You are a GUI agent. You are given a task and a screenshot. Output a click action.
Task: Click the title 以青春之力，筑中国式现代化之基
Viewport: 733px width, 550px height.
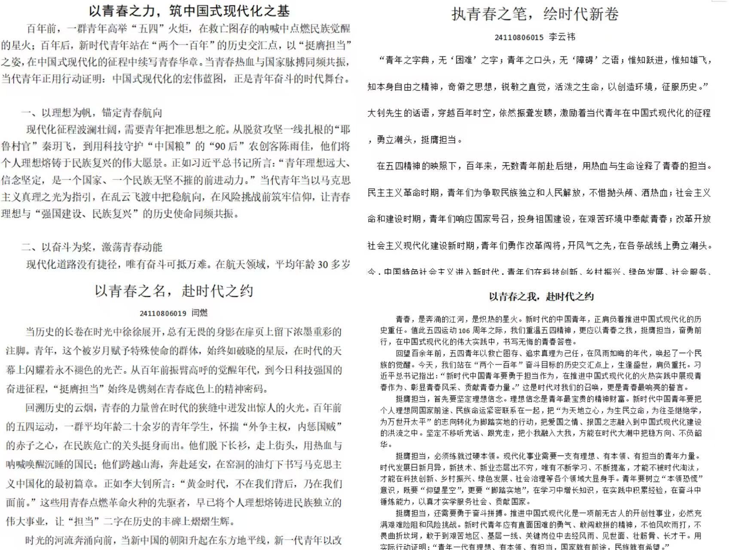(189, 11)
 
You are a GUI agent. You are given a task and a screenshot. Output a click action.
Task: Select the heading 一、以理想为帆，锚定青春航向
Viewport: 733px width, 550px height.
(92, 113)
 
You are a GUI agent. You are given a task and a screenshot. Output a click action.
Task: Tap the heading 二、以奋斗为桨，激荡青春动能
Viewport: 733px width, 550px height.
(92, 247)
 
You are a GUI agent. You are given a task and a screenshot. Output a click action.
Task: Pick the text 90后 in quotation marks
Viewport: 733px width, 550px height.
(226, 146)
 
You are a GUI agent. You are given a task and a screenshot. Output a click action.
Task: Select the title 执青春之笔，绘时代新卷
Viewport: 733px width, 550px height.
(535, 14)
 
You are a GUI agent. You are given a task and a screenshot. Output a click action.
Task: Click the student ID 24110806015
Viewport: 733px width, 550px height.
(519, 37)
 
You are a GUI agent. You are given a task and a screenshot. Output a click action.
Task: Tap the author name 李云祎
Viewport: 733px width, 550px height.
(562, 37)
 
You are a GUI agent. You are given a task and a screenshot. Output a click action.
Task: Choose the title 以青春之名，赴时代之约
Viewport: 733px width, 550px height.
(174, 291)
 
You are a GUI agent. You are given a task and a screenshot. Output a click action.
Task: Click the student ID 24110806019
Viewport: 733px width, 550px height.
(163, 313)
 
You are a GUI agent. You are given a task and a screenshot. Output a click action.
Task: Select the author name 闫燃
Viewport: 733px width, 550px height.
(199, 313)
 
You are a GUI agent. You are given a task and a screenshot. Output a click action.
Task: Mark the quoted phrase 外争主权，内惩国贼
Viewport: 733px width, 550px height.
(292, 427)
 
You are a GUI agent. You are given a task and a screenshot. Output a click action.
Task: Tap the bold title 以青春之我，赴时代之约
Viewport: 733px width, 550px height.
(541, 297)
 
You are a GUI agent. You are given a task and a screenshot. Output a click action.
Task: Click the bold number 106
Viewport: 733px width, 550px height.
(464, 331)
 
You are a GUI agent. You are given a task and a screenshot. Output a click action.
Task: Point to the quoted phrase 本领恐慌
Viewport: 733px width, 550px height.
(678, 479)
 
